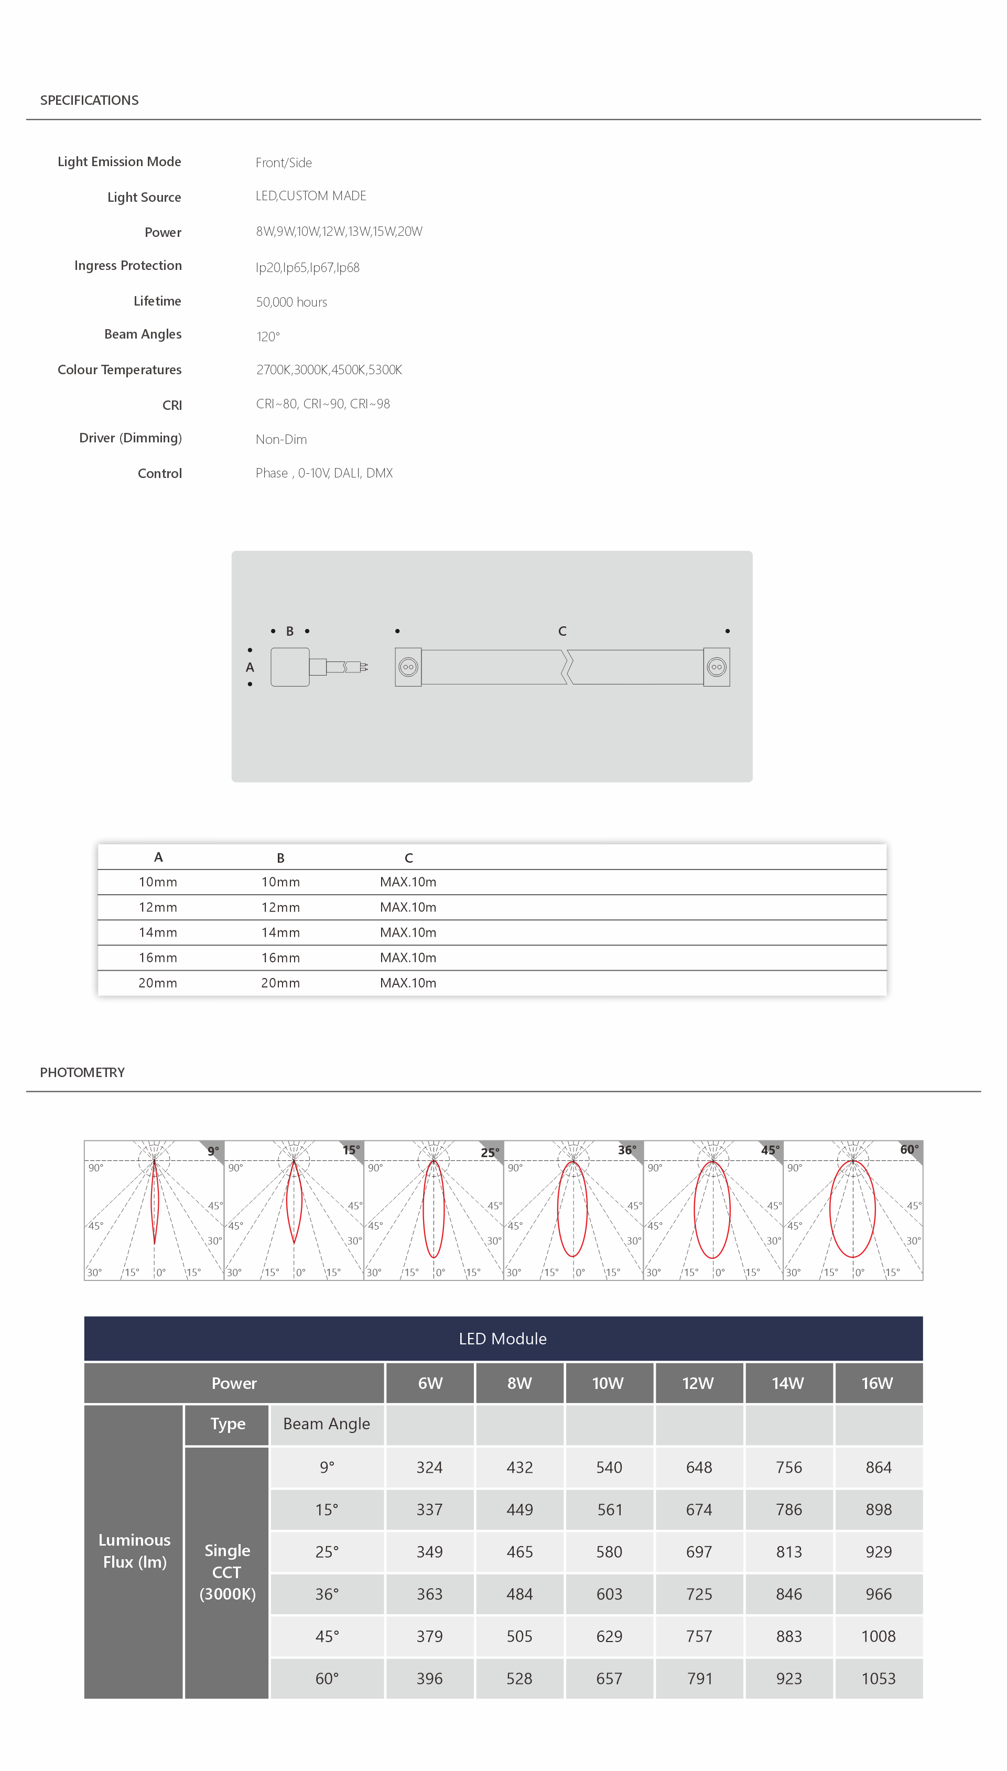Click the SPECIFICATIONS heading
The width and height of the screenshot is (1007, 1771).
coord(89,100)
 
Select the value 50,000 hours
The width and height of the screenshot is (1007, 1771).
coord(291,302)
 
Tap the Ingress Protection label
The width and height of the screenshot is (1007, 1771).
coord(128,266)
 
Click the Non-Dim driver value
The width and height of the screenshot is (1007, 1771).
coord(281,439)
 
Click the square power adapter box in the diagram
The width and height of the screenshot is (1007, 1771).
coord(290,667)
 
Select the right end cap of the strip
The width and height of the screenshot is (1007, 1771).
coord(717,667)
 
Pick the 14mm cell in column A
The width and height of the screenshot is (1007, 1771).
coord(158,932)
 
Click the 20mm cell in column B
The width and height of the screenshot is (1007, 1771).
coord(280,983)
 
